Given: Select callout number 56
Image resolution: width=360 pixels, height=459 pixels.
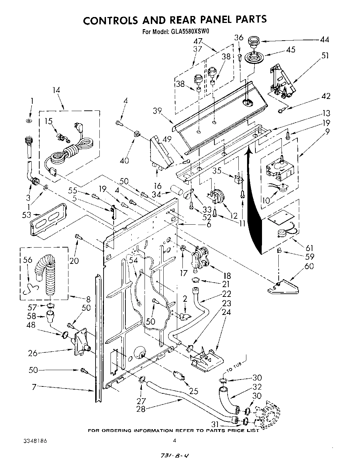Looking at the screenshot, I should [x=27, y=260].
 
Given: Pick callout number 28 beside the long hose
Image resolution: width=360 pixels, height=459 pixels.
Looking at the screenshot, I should [x=140, y=409].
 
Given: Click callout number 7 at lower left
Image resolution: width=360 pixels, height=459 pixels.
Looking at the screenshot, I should [x=34, y=387].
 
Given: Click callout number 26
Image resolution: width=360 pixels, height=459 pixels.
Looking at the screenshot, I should [x=33, y=353].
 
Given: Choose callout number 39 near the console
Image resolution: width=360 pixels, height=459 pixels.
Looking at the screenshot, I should [x=157, y=111].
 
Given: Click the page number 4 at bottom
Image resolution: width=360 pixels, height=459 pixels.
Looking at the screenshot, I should [x=174, y=441].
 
